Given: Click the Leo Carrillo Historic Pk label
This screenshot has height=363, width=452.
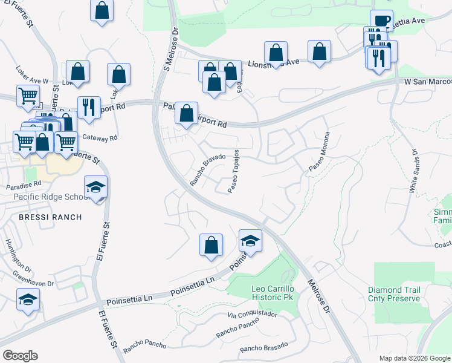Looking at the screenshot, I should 275,293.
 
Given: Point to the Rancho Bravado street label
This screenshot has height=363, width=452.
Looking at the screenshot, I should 207,169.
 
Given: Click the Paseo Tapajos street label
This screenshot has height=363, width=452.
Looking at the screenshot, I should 234,171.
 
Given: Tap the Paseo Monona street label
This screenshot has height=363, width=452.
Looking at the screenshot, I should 320,151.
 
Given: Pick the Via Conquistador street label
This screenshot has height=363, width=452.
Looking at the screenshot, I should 252,315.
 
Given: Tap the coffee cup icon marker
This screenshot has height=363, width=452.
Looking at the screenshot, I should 381,21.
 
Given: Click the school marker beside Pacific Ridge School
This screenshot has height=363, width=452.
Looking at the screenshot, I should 95,188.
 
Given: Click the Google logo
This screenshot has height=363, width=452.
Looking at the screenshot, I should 21,355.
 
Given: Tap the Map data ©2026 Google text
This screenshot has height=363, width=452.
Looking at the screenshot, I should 415,358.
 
